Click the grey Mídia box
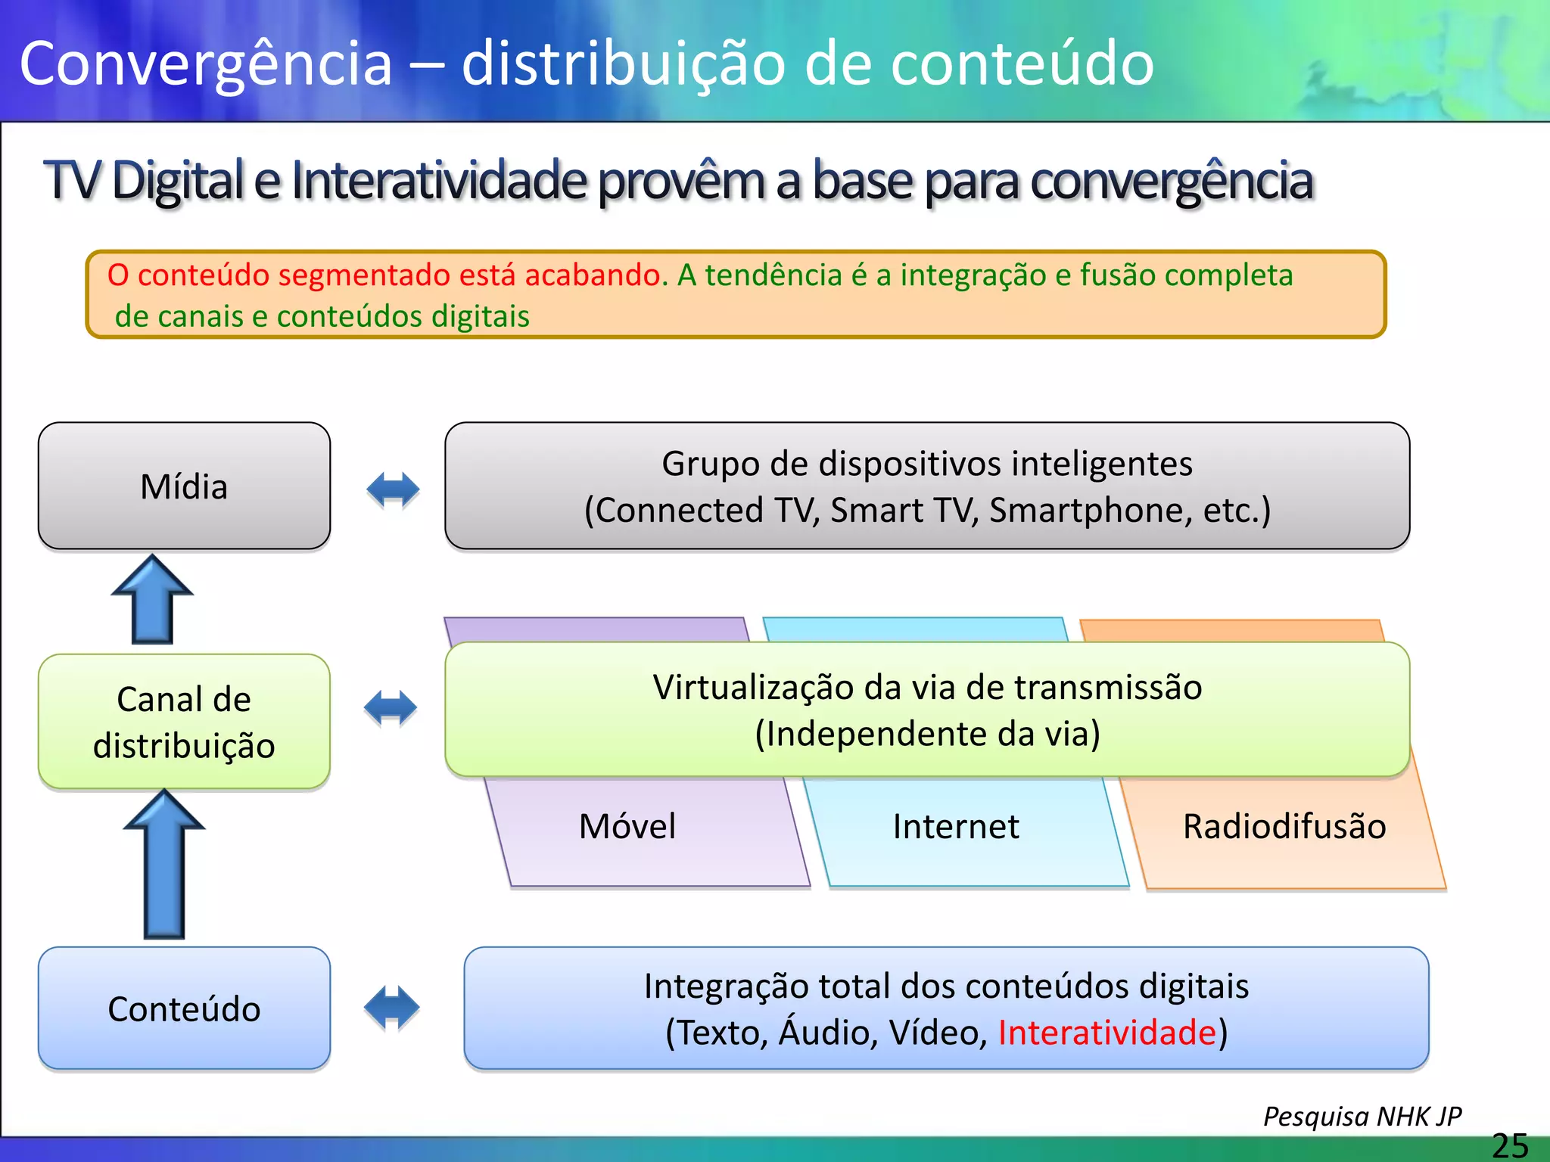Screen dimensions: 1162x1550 (184, 486)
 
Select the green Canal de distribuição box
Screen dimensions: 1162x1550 (184, 722)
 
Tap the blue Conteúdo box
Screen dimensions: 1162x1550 (184, 1008)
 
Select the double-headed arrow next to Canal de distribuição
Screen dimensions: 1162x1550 (391, 708)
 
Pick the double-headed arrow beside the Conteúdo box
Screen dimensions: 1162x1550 (391, 1007)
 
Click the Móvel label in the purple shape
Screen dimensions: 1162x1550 (627, 826)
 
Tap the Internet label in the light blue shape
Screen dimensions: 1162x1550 (955, 826)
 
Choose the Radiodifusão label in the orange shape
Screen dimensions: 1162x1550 (1284, 826)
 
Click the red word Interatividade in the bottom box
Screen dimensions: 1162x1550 (1106, 1033)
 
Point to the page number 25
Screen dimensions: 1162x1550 (1510, 1145)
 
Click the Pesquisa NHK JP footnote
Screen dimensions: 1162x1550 (1362, 1117)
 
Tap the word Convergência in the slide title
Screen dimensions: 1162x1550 (206, 64)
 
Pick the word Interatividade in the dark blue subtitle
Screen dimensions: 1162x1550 (439, 181)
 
